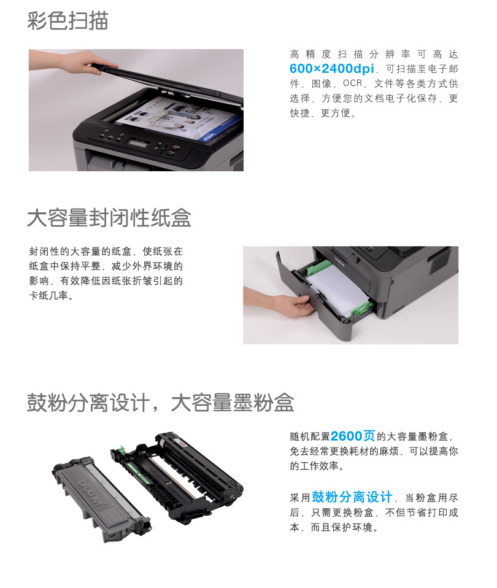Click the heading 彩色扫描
pyautogui.click(x=67, y=20)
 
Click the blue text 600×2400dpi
pyautogui.click(x=332, y=68)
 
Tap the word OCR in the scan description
pyautogui.click(x=353, y=83)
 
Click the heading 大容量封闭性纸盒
pyautogui.click(x=109, y=218)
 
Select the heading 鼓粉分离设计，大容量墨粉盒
pyautogui.click(x=160, y=403)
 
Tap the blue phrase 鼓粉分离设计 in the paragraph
pyautogui.click(x=352, y=497)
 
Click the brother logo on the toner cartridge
pyautogui.click(x=91, y=490)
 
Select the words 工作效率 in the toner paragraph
pyautogui.click(x=324, y=467)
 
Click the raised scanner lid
pyautogui.click(x=166, y=80)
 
